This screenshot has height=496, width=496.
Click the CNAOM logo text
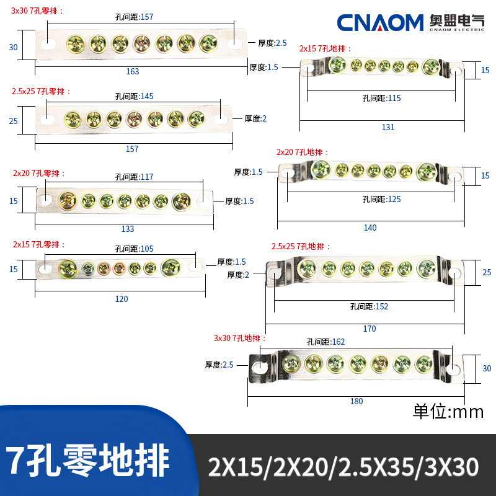[380, 22]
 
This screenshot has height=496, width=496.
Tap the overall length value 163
[133, 71]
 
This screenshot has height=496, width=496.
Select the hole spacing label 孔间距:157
[134, 17]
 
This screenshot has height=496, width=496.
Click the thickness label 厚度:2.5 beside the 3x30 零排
[272, 43]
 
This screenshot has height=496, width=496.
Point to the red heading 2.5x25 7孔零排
[41, 91]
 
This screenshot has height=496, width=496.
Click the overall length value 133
[128, 229]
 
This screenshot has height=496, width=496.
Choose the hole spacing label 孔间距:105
[134, 249]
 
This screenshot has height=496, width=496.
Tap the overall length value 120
[122, 299]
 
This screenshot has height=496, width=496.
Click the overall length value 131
[388, 127]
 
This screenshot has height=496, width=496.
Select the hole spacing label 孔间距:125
[381, 199]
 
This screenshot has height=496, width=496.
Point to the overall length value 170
[370, 329]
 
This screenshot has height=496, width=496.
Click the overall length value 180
[356, 401]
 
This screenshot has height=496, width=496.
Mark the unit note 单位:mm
[448, 412]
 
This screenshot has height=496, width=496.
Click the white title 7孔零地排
[87, 460]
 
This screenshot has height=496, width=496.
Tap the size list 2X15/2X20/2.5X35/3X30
[343, 467]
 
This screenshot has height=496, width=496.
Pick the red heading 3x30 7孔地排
[240, 338]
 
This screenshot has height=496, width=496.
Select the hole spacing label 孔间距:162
[325, 342]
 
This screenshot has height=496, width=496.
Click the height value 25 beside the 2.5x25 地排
[487, 272]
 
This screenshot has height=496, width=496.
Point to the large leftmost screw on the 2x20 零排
[68, 200]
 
